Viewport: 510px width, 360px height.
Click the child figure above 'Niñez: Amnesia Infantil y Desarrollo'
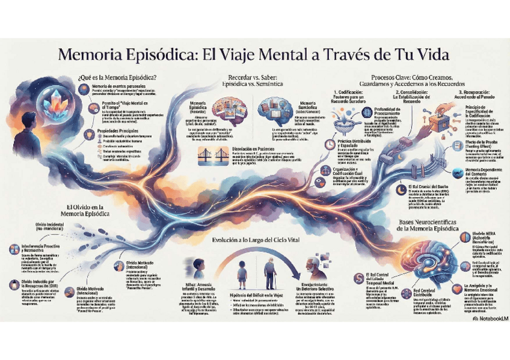199,267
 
